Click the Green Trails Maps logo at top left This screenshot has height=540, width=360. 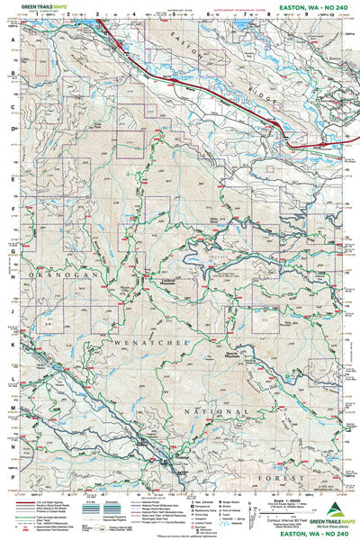point(36,5)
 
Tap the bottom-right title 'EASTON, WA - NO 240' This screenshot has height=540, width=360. point(310,535)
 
